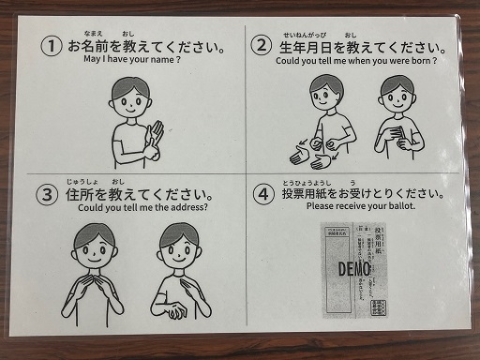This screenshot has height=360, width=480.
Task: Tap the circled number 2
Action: pos(262,45)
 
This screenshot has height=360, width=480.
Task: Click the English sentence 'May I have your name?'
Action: pos(131,60)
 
